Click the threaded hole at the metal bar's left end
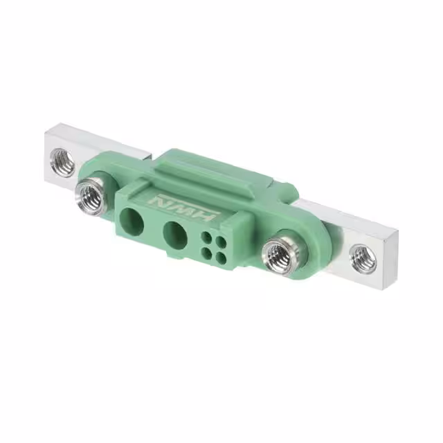(x=62, y=163)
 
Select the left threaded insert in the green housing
(x=91, y=198)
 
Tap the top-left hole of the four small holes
(x=207, y=237)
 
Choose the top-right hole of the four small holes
(x=220, y=242)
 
